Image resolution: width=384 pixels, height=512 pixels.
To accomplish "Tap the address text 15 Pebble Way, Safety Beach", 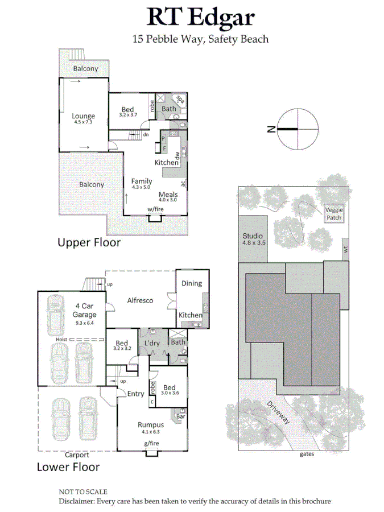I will click(x=200, y=39).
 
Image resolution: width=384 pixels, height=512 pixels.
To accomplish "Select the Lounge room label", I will click(x=83, y=117).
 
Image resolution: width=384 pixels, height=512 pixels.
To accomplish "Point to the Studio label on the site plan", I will click(x=252, y=236).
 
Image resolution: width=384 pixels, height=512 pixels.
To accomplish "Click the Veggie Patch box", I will click(x=334, y=213).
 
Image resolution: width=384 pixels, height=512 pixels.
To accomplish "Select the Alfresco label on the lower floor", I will click(x=139, y=300).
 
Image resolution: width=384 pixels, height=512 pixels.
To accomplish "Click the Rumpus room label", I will click(x=151, y=424).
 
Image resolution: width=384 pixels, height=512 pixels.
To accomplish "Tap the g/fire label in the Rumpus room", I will click(x=151, y=443).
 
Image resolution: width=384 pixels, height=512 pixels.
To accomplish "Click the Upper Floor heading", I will click(x=89, y=242).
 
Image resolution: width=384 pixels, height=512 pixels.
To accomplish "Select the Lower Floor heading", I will click(x=68, y=467).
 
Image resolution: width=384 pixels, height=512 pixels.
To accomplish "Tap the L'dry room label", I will click(x=151, y=343).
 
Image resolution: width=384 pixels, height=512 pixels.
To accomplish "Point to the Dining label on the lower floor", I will click(x=192, y=283).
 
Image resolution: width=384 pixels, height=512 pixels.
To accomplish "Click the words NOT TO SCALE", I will click(x=83, y=492).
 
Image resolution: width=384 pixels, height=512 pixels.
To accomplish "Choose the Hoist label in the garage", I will click(x=63, y=340).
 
